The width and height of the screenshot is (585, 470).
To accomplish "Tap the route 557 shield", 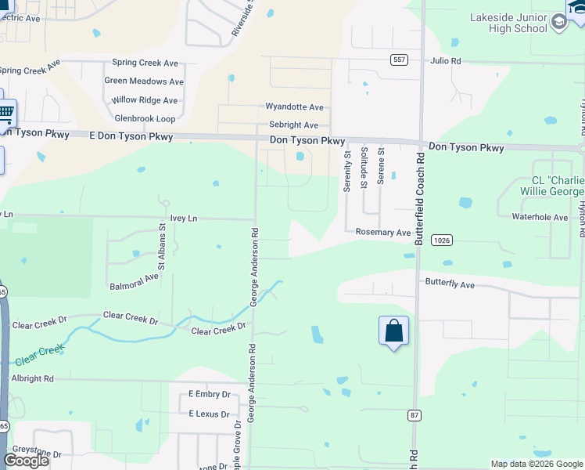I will [x=399, y=60].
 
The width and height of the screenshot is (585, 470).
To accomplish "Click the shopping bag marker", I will [x=393, y=331].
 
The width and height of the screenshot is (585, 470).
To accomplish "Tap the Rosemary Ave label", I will [x=383, y=233].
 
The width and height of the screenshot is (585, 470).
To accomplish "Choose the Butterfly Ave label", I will [x=450, y=284].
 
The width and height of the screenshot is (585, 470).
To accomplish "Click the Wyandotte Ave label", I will [x=294, y=107].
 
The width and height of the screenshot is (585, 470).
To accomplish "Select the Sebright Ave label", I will [x=293, y=125].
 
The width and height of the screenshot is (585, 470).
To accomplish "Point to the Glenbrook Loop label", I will [x=145, y=118].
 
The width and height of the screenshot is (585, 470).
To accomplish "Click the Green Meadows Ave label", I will [x=144, y=81].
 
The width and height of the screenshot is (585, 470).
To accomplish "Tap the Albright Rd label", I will [x=32, y=378].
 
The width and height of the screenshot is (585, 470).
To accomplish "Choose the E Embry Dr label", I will [x=210, y=395].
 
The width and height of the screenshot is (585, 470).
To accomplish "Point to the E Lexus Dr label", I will [x=209, y=414].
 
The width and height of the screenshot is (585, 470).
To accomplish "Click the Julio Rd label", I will [x=446, y=61].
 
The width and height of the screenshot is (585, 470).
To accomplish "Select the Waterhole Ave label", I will [x=540, y=217].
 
